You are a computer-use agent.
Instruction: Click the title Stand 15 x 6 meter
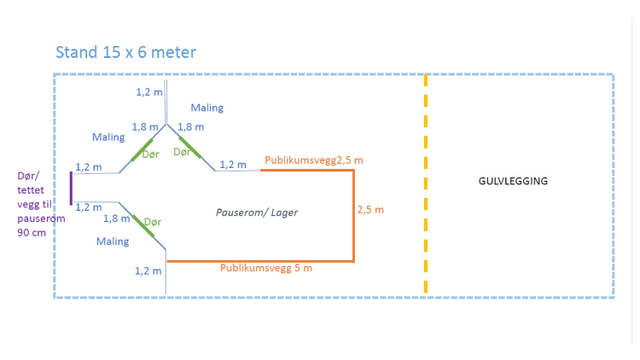125,52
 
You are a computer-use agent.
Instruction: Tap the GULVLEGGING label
513,182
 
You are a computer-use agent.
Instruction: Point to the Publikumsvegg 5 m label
266,268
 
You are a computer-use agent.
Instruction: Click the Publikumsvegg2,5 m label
314,160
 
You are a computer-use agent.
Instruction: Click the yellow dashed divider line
426,183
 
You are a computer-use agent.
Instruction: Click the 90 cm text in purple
32,231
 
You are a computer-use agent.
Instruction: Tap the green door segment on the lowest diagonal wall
148,232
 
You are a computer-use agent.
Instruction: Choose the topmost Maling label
207,108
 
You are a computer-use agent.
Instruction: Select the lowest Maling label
113,241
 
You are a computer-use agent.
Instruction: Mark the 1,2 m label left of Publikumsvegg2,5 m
233,165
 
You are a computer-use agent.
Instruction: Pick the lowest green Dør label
153,221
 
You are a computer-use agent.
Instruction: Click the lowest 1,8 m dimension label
117,218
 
